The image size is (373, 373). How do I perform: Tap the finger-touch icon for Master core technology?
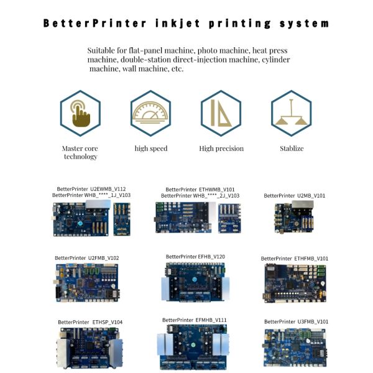80,113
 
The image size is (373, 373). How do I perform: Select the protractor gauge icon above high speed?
150,113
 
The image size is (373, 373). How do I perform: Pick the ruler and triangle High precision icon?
221,113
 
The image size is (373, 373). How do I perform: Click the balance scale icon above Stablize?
291,113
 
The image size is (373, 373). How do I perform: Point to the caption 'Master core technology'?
80,152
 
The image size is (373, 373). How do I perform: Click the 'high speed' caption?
151,149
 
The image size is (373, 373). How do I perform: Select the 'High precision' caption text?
221,149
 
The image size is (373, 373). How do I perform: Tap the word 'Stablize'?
291,149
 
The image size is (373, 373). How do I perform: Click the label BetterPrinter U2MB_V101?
295,195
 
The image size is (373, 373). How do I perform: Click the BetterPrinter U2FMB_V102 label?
87,257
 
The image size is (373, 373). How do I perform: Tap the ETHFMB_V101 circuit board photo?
295,283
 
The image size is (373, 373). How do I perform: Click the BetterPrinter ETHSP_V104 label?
90,321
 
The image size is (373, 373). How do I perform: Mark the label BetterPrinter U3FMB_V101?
296,321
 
